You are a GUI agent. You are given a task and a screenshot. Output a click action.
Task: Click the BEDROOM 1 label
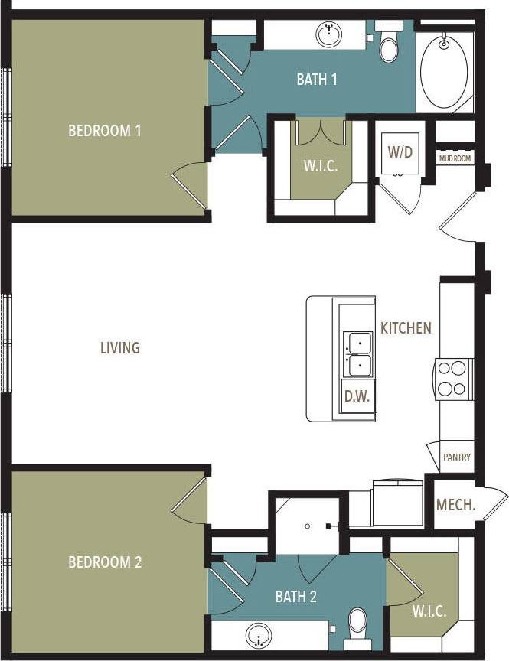pyautogui.click(x=105, y=130)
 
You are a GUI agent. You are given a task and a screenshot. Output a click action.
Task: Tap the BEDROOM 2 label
pyautogui.click(x=105, y=562)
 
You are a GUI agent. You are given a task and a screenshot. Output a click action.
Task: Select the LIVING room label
pyautogui.click(x=120, y=348)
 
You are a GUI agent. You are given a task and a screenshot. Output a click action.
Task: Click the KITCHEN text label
pyautogui.click(x=406, y=328)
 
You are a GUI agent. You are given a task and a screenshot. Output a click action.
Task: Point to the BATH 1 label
pyautogui.click(x=317, y=79)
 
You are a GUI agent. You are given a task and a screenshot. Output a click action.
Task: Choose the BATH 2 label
pyautogui.click(x=296, y=596)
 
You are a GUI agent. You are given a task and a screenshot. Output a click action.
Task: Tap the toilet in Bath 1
pyautogui.click(x=390, y=46)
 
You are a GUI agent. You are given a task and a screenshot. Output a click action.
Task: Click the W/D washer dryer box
pyautogui.click(x=400, y=151)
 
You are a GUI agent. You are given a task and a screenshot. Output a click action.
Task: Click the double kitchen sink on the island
pyautogui.click(x=357, y=354)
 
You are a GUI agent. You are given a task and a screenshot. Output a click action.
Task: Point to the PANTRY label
pyautogui.click(x=457, y=457)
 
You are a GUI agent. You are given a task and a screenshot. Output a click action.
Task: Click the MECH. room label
pyautogui.click(x=456, y=506)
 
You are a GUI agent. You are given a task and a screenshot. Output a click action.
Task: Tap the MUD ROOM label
pyautogui.click(x=455, y=158)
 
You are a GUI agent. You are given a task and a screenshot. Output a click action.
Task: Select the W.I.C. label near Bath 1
pyautogui.click(x=321, y=164)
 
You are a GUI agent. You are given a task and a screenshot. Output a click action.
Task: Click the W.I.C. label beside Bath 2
pyautogui.click(x=429, y=612)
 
